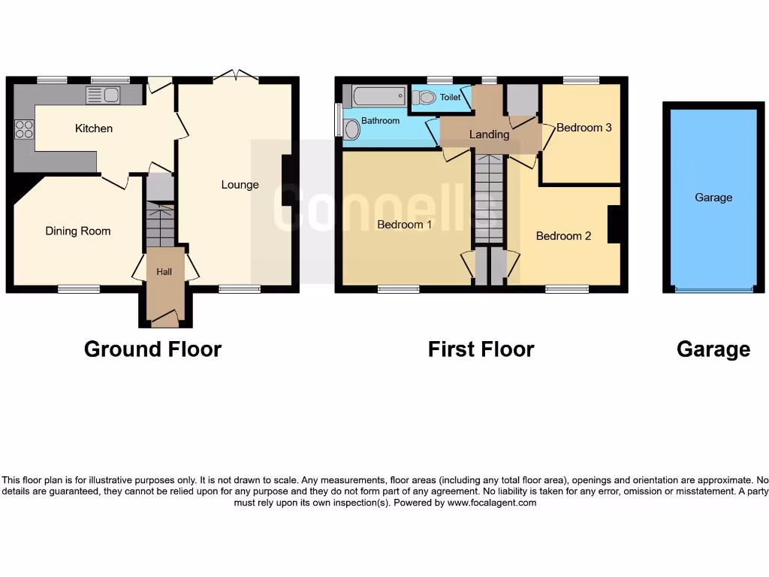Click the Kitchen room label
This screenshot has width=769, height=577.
click(94, 128)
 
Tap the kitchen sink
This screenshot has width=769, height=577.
click(103, 95)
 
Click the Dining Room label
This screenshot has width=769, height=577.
click(78, 231)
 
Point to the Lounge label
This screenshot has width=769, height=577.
click(240, 185)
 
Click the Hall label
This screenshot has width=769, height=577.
click(164, 272)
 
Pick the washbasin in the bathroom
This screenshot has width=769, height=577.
click(351, 131)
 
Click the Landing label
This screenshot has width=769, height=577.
click(489, 134)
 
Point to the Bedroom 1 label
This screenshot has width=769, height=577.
click(404, 225)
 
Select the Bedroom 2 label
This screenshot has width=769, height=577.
click(563, 236)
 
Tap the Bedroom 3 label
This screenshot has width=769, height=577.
click(584, 128)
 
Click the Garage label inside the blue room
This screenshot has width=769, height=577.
click(713, 198)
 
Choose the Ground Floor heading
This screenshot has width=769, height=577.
click(152, 349)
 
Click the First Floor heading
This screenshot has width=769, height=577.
click(481, 349)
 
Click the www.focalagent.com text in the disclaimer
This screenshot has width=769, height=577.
click(492, 503)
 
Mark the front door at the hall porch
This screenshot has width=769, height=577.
click(165, 320)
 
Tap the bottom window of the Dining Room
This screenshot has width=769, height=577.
click(80, 288)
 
